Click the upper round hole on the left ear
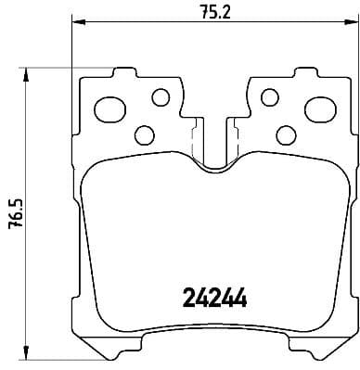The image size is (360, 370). [161, 96]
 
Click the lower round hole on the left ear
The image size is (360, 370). [144, 134]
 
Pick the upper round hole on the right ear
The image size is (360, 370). [270, 96]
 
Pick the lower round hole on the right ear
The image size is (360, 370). [287, 134]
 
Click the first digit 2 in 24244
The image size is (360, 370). [184, 300]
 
